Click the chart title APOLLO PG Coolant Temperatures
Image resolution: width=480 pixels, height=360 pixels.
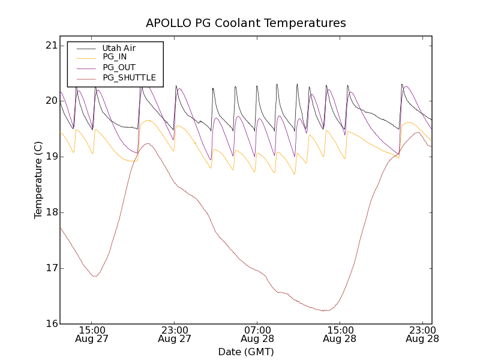pyautogui.click(x=246, y=23)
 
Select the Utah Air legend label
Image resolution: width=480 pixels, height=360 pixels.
pyautogui.click(x=119, y=48)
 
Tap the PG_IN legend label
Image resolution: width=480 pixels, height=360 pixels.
pyautogui.click(x=115, y=57)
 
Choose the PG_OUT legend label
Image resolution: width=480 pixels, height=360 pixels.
pyautogui.click(x=119, y=67)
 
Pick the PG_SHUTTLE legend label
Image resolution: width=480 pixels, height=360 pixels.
pyautogui.click(x=129, y=77)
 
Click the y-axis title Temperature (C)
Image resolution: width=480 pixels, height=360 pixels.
pyautogui.click(x=38, y=180)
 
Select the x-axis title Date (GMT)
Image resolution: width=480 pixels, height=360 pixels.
pyautogui.click(x=246, y=352)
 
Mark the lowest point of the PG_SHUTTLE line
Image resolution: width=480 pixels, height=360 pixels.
pyautogui.click(x=325, y=311)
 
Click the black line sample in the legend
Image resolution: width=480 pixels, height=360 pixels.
pyautogui.click(x=85, y=48)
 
